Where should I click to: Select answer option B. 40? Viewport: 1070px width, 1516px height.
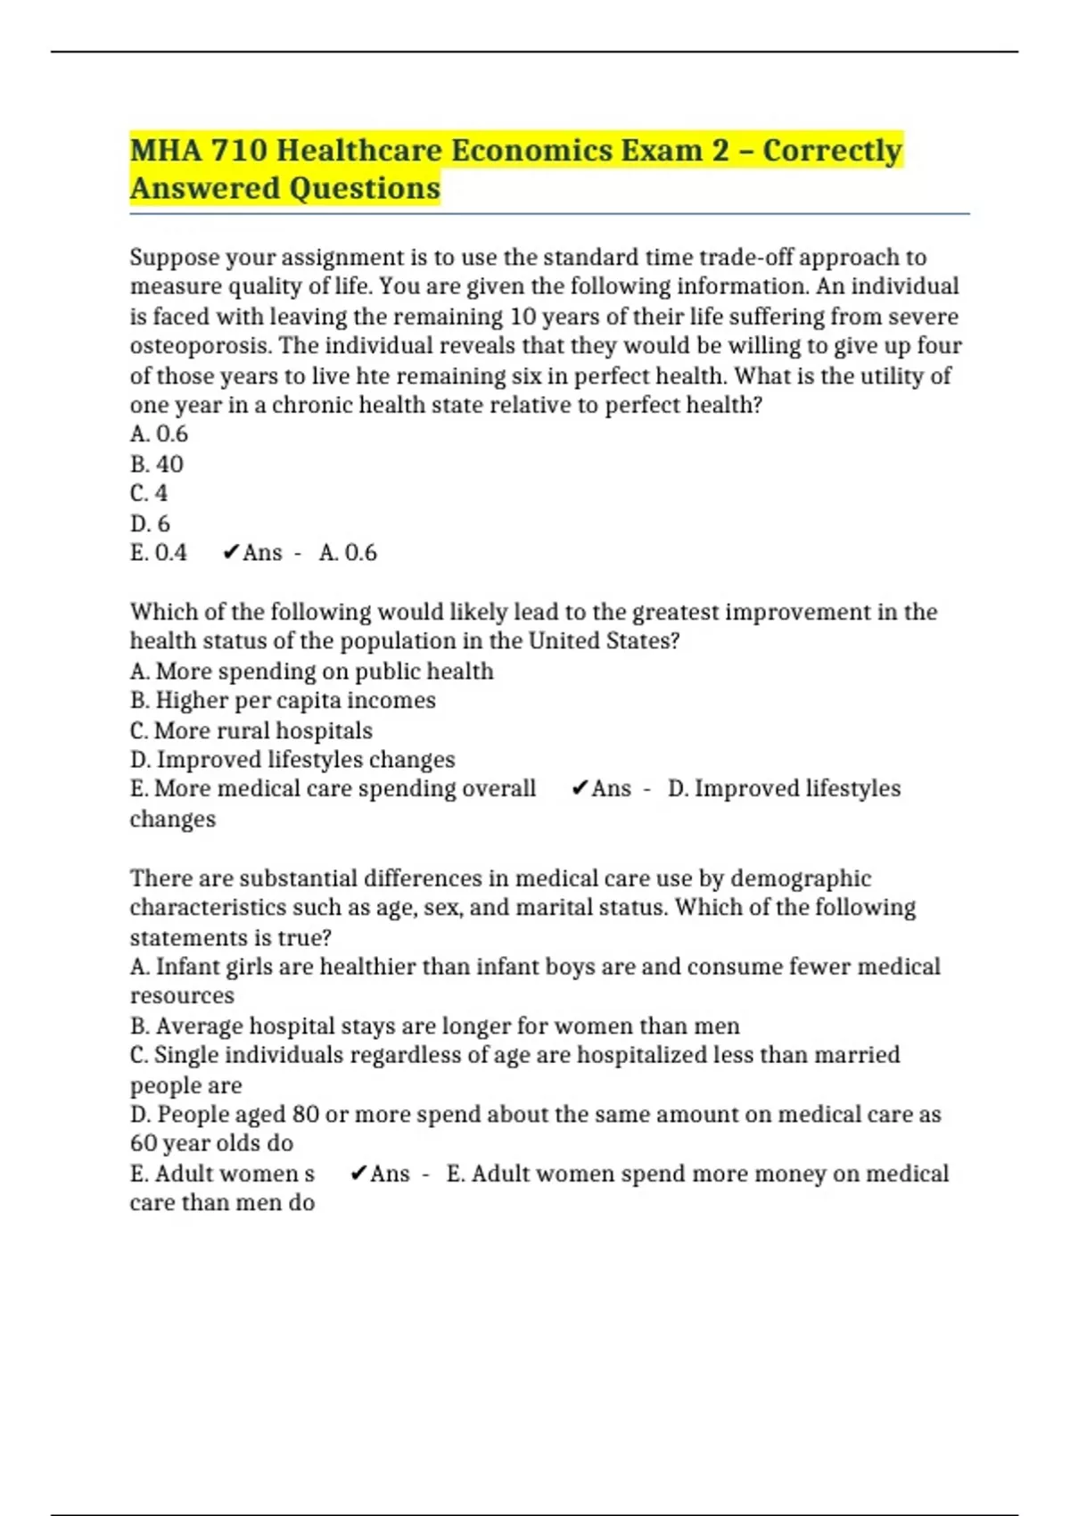point(157,464)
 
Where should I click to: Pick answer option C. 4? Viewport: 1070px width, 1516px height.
point(149,493)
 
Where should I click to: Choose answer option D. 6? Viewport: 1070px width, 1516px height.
point(150,523)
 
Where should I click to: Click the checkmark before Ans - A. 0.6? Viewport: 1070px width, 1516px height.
point(230,553)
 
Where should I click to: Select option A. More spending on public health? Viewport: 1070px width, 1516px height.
point(311,671)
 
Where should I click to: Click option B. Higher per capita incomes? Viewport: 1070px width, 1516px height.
point(283,700)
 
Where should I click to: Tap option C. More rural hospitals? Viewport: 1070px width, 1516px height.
point(251,730)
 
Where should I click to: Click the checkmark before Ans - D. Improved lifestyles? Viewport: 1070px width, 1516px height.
point(580,788)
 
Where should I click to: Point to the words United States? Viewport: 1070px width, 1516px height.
point(603,641)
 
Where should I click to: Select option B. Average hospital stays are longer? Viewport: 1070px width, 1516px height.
point(434,1026)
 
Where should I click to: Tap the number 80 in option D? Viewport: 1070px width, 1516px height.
point(306,1115)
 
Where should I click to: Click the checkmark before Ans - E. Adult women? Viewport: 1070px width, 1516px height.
point(358,1174)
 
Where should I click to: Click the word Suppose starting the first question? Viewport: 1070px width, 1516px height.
point(174,258)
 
